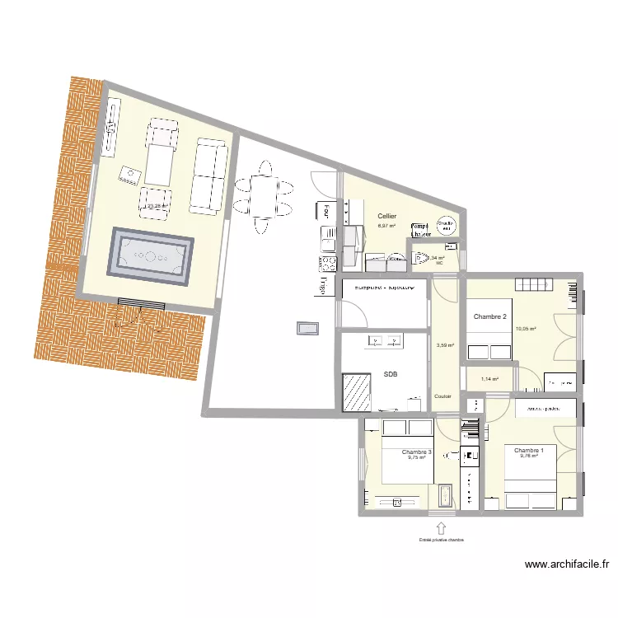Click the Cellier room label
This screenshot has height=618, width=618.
[x=386, y=217]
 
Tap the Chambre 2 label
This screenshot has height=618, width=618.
[x=489, y=316]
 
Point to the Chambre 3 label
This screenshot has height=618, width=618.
[x=416, y=452]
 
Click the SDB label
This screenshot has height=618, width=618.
[x=391, y=374]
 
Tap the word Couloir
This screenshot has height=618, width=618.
[x=443, y=396]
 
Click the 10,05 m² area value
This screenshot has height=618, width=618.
[x=526, y=329]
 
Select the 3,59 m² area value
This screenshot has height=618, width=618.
[x=445, y=345]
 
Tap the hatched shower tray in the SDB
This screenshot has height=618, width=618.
[x=358, y=392]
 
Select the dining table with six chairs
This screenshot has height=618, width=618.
[x=264, y=197]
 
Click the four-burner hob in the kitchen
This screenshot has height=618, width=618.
[x=327, y=264]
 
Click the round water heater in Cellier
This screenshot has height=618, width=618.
[x=446, y=225]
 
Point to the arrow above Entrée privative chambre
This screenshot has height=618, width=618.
[x=441, y=527]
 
